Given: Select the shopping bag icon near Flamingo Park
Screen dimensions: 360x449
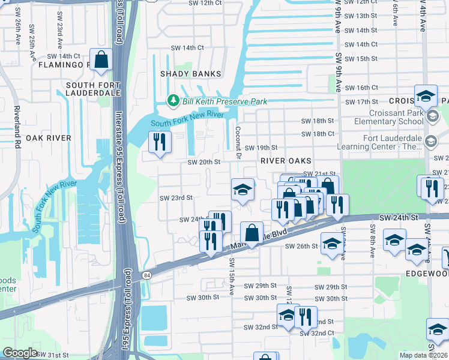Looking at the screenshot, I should coord(101,59).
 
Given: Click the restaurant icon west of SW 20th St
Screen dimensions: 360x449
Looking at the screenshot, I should coord(159,142).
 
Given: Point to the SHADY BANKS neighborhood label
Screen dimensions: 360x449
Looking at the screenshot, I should coord(190,74).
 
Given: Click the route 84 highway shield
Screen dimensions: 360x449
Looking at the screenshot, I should coord(146,275).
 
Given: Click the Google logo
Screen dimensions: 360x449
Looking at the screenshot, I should coord(20,353).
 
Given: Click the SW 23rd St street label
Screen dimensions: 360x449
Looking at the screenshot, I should coord(176,197).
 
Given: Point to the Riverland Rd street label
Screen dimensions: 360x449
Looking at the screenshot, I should coord(18,127).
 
